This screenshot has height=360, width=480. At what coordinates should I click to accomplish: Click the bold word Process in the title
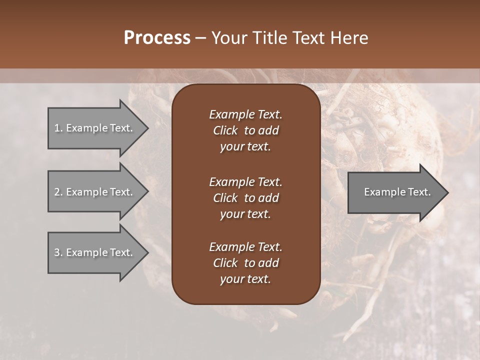point(157,38)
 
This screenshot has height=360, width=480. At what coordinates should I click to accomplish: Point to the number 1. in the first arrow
point(58,128)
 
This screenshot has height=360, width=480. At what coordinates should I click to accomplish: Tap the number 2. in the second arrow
point(58,192)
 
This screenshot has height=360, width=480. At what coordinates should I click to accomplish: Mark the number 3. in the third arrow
point(58,252)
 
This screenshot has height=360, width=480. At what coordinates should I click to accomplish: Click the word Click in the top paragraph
point(225,130)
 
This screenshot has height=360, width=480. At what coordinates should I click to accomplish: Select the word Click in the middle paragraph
point(225,198)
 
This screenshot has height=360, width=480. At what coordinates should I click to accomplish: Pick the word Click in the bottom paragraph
point(225,263)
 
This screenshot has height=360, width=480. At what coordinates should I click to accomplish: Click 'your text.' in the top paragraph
point(245,147)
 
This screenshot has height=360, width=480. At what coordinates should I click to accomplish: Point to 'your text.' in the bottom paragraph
point(245,279)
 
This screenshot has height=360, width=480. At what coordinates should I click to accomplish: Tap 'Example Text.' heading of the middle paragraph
point(245,181)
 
